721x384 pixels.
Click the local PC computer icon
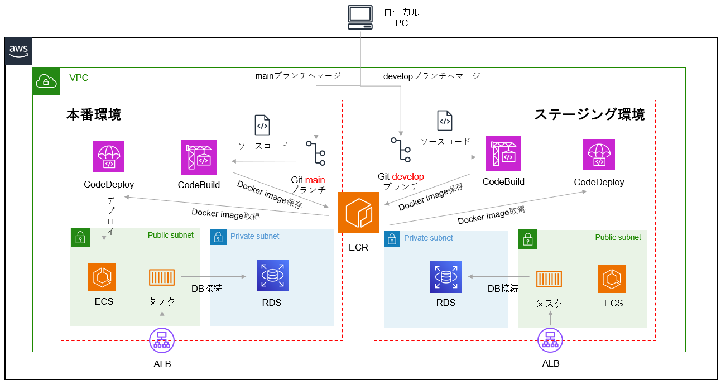[360, 17]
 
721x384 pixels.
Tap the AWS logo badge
[19, 52]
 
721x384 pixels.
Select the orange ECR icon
[358, 213]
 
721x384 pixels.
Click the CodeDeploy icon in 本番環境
[109, 156]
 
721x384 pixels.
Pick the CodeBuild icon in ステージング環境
[503, 153]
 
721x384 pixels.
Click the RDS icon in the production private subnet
[272, 276]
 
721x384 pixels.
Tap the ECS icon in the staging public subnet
[612, 279]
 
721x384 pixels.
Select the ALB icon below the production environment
[162, 340]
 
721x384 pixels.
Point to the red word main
[315, 180]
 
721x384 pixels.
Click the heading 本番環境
[93, 115]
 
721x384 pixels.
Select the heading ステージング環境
[590, 114]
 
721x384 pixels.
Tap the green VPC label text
[79, 78]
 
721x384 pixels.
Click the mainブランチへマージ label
[298, 75]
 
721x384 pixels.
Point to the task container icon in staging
[549, 279]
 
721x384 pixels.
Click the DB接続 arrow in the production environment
[213, 276]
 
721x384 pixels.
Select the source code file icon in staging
[445, 121]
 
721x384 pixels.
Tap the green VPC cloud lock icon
[46, 81]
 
